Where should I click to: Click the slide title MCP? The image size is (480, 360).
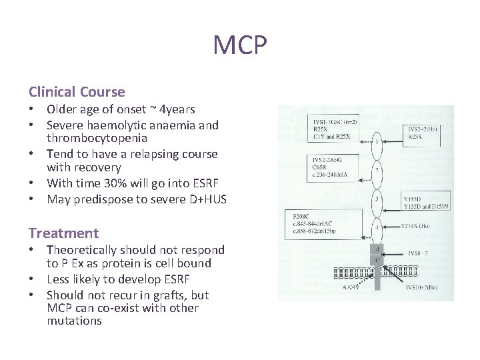pyautogui.click(x=240, y=45)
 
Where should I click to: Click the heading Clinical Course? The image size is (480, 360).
pyautogui.click(x=77, y=91)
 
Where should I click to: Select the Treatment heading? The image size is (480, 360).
pyautogui.click(x=63, y=233)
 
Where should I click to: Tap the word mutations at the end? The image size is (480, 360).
pyautogui.click(x=74, y=321)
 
